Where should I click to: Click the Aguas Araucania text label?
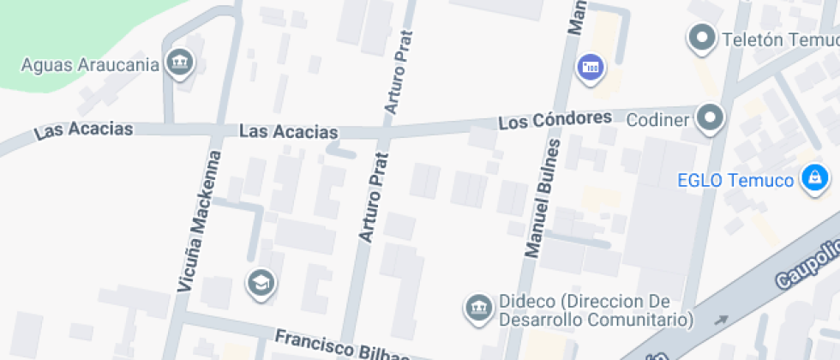coord(90,65)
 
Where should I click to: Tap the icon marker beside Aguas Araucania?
coord(181,62)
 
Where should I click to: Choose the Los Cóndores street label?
coord(555,121)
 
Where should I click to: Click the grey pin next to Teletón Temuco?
coord(703,37)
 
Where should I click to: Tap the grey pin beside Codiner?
coord(710,117)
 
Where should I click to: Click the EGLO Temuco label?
coord(735,180)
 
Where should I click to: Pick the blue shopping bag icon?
coord(813,177)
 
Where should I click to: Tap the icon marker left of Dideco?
coord(477,306)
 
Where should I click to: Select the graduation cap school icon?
coord(260,281)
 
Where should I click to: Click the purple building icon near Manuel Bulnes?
coord(591,66)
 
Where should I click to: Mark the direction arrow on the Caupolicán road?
coord(721,320)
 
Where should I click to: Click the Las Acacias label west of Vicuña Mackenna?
coord(83,130)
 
